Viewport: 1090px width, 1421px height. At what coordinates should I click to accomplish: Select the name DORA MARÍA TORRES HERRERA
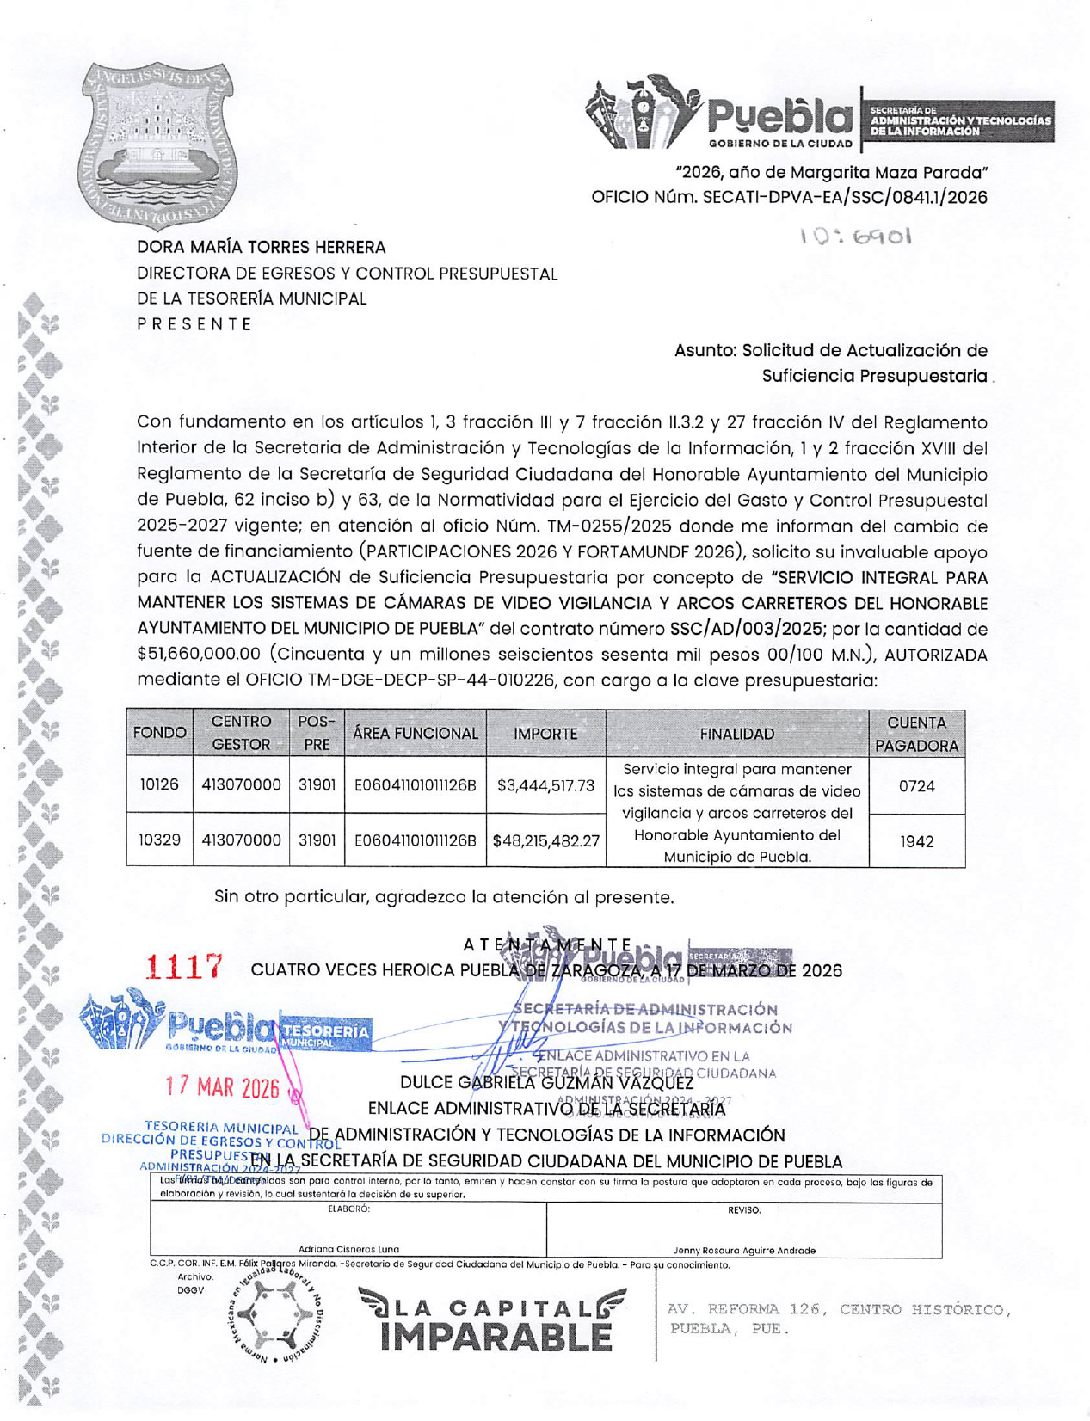point(262,248)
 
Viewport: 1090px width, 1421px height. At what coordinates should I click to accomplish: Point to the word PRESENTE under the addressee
point(194,324)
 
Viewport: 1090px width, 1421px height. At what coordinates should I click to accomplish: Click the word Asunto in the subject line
point(703,351)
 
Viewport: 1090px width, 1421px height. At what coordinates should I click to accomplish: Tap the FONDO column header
point(160,734)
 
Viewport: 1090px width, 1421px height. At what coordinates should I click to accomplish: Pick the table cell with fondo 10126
point(159,784)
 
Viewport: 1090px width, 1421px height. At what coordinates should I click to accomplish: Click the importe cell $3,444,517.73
point(545,785)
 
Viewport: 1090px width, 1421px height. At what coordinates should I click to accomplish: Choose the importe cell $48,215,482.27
point(545,840)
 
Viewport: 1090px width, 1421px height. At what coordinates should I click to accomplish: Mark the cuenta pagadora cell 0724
point(916,786)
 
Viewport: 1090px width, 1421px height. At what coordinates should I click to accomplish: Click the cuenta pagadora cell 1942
point(916,841)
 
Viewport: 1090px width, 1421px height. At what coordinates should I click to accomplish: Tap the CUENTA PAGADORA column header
point(916,734)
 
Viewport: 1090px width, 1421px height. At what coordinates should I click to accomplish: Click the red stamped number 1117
point(186,968)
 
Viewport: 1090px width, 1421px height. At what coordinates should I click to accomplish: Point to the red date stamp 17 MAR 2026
point(223,1088)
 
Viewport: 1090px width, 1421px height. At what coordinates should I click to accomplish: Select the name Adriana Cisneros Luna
point(348,1249)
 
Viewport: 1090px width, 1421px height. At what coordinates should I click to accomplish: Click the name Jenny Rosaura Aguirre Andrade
point(744,1250)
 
